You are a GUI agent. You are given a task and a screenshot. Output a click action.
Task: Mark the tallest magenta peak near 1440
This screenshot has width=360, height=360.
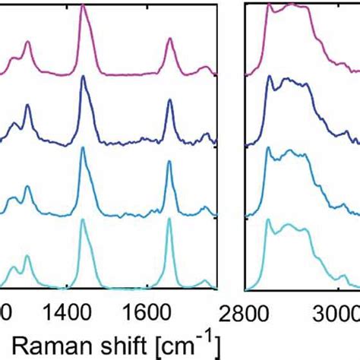pos(83,5)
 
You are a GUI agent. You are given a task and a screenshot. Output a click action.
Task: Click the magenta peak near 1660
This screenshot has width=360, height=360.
pos(169,43)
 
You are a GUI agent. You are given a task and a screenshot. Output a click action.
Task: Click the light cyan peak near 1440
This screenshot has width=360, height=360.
pos(83,220)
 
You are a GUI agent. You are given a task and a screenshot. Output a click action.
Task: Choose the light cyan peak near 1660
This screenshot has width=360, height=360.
pos(169,220)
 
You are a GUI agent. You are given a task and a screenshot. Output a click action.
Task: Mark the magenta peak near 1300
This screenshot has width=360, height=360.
pos(27,43)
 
